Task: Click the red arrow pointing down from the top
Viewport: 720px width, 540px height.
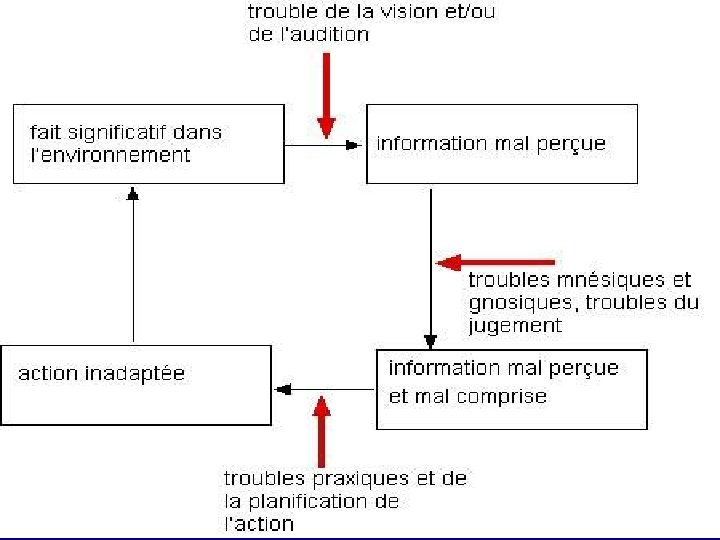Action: (325, 95)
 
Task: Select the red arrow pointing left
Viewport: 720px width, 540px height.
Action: (495, 262)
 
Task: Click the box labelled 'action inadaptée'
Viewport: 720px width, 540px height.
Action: (135, 385)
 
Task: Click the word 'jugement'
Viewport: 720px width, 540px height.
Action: (514, 325)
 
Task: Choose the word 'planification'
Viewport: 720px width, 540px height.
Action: (313, 502)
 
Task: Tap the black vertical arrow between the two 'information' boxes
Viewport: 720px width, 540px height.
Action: (430, 265)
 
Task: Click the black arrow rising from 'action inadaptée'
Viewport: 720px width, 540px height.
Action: (133, 265)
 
